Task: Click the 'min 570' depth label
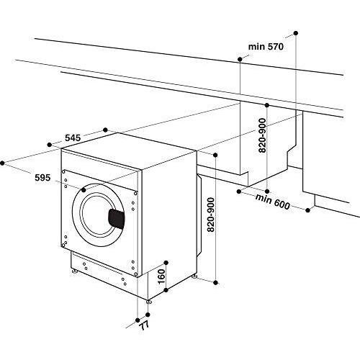(266, 47)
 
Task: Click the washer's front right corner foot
(149, 301)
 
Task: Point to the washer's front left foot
(73, 273)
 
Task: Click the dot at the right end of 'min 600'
(308, 210)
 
